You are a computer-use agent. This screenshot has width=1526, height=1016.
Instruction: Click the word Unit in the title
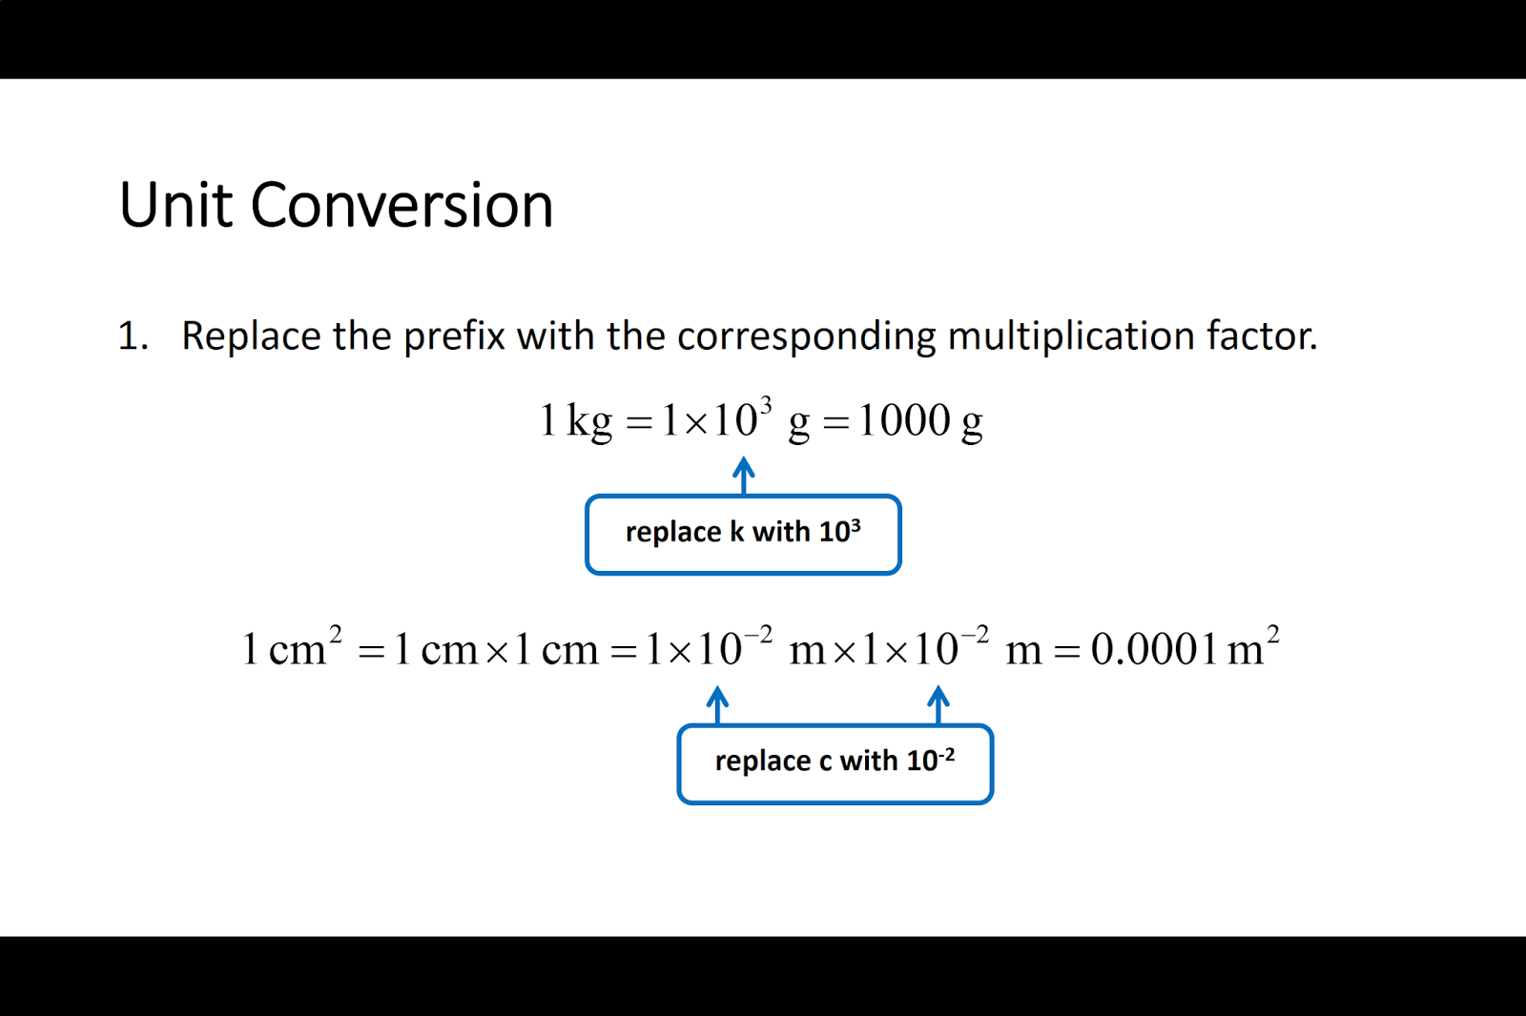pyautogui.click(x=175, y=205)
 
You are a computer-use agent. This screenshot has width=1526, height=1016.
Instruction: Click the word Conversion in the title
pyautogui.click(x=402, y=205)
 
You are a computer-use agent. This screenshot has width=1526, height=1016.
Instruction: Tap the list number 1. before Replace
pyautogui.click(x=133, y=336)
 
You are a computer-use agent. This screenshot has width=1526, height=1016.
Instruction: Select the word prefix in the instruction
pyautogui.click(x=453, y=336)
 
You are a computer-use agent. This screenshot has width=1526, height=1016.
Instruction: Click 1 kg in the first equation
pyautogui.click(x=576, y=420)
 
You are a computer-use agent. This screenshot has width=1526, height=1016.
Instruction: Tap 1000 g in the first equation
pyautogui.click(x=920, y=420)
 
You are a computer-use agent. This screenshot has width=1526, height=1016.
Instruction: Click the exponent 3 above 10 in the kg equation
pyautogui.click(x=766, y=403)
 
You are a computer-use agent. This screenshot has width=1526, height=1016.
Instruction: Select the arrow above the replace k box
pyautogui.click(x=744, y=474)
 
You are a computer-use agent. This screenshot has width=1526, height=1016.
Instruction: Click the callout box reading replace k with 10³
pyautogui.click(x=743, y=534)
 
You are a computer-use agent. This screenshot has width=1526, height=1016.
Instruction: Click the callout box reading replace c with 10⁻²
pyautogui.click(x=835, y=763)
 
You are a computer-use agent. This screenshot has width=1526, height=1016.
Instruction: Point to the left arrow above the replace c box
pyautogui.click(x=718, y=703)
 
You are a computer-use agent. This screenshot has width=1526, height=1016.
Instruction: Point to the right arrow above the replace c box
pyautogui.click(x=938, y=703)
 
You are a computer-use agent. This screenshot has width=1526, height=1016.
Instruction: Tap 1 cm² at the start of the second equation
pyautogui.click(x=292, y=648)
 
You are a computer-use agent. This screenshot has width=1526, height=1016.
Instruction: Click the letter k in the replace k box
pyautogui.click(x=737, y=532)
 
